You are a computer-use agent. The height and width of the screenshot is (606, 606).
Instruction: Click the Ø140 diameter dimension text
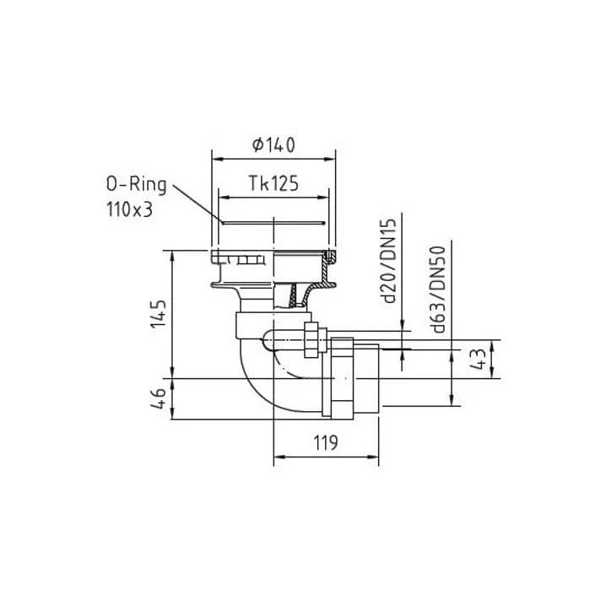point(273,145)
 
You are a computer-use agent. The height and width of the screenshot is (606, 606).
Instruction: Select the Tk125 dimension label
point(273,184)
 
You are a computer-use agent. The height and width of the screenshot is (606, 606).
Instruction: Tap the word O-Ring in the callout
point(137,185)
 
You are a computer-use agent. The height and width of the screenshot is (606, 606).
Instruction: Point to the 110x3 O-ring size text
point(129,210)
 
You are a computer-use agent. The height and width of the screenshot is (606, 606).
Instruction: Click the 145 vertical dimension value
point(158,313)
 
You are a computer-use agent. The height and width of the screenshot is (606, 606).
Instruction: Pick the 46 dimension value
point(158,398)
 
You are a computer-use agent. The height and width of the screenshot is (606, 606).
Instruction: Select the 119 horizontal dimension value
point(326,442)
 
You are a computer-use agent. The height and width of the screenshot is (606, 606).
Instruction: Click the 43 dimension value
point(478,359)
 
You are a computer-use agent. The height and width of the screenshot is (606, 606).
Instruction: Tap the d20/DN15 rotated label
point(389,262)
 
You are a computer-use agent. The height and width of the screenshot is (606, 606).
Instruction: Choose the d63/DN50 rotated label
point(439,289)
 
